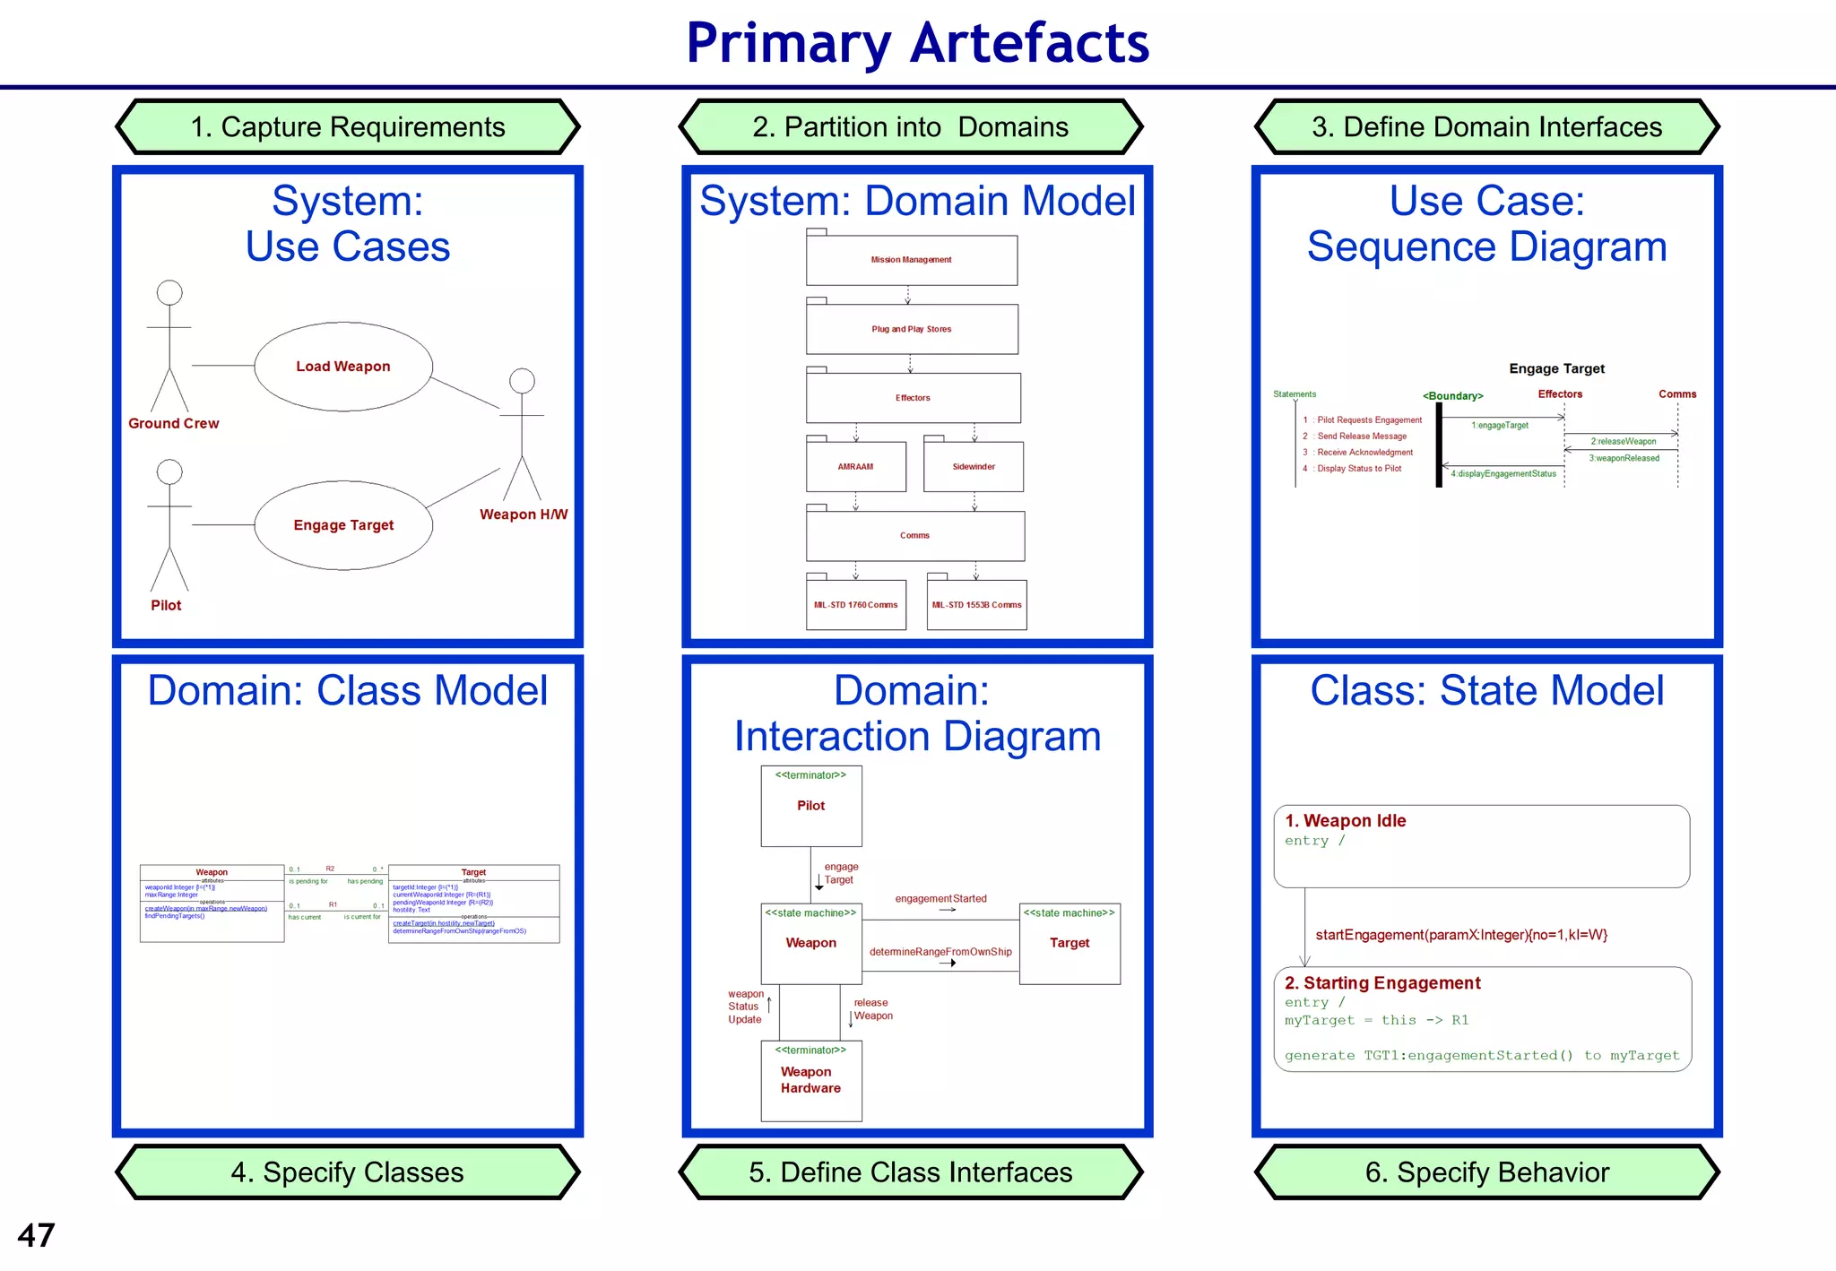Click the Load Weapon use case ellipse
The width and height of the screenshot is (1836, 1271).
[x=343, y=367]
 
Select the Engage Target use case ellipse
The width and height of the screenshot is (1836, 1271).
[x=343, y=525]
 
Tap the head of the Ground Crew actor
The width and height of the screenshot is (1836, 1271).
[x=169, y=292]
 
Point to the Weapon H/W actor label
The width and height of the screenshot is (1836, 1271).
[x=524, y=514]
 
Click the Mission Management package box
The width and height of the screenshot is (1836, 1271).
[x=911, y=260]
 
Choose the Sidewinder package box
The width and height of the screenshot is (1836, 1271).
[x=974, y=466]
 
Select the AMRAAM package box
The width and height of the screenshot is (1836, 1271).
[x=855, y=466]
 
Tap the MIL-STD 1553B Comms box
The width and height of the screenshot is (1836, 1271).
[x=976, y=605]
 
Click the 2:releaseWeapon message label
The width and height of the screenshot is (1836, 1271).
[x=1624, y=441]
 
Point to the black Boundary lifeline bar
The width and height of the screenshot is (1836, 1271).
[x=1439, y=445]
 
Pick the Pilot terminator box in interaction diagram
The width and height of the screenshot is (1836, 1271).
[x=811, y=806]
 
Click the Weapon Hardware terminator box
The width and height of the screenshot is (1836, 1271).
[x=811, y=1080]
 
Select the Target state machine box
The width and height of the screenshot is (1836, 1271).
[x=1070, y=943]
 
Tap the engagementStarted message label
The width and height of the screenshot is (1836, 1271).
[x=940, y=898]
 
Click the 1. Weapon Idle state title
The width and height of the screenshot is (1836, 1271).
[x=1345, y=821]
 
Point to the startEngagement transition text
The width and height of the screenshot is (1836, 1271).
[x=1461, y=935]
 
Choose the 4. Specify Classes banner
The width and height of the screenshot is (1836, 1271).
[x=348, y=1172]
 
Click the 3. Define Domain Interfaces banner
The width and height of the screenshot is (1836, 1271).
[x=1486, y=127]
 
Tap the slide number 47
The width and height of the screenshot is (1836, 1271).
[x=36, y=1235]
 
